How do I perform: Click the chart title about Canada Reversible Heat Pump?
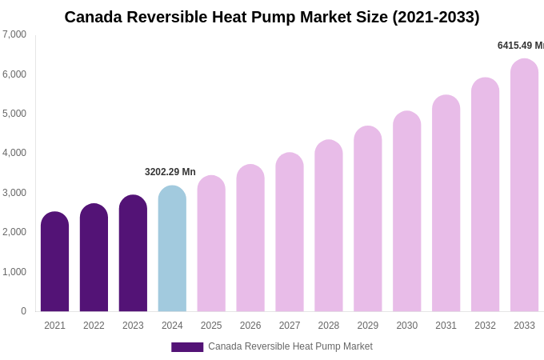(272, 17)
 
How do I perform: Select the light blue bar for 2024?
(172, 249)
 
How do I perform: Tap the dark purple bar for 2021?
(54, 262)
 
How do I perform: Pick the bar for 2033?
(524, 185)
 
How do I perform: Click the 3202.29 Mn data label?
(170, 172)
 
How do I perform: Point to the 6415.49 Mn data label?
(520, 46)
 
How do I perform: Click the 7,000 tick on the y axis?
(14, 34)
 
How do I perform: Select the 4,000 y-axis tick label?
(14, 153)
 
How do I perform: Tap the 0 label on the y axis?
(23, 311)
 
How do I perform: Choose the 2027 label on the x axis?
(290, 326)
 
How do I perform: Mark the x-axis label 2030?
(406, 326)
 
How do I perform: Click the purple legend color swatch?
(187, 347)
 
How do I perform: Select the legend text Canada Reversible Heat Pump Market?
(290, 346)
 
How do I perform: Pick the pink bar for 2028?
(329, 226)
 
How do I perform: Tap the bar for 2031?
(446, 203)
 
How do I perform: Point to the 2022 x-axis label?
(94, 326)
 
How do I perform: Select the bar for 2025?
(211, 243)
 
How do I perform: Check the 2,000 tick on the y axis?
(14, 232)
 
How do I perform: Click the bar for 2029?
(368, 218)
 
